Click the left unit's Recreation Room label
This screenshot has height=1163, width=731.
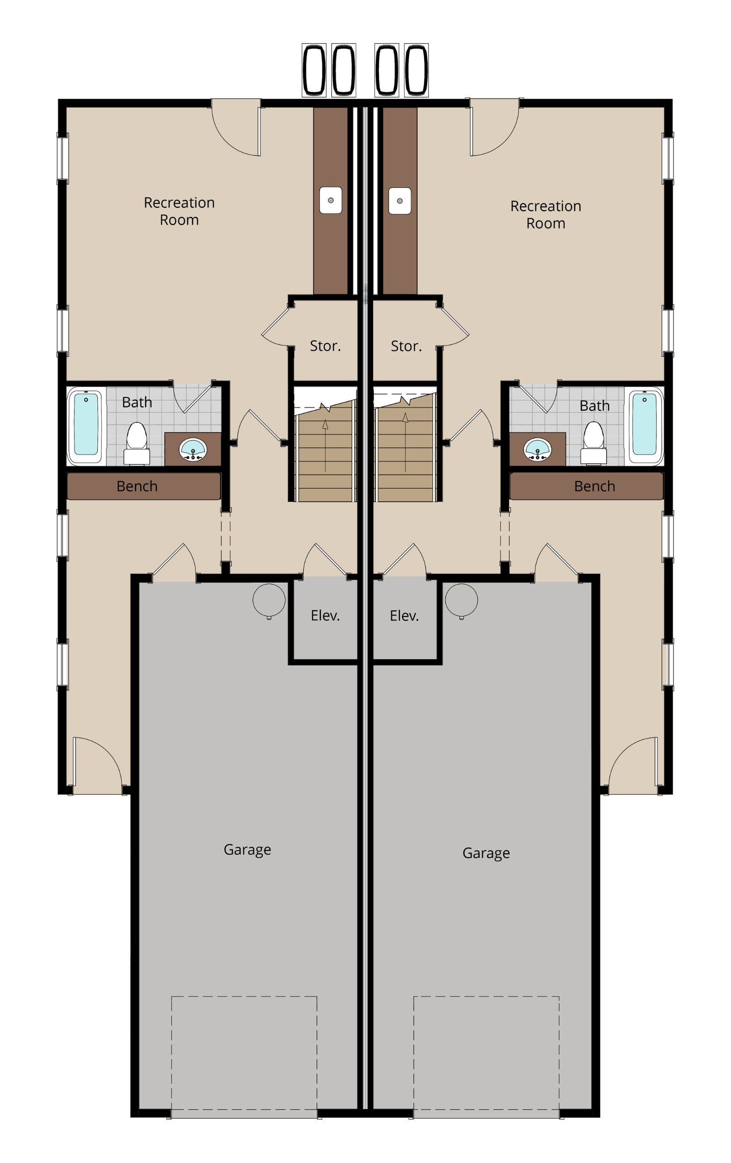coord(179,211)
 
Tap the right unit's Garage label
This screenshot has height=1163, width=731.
coord(486,853)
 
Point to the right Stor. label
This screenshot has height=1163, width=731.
coord(406,346)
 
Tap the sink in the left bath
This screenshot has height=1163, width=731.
coord(193,450)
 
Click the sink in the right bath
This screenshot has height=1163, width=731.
coord(537,449)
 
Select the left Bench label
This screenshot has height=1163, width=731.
coord(137,486)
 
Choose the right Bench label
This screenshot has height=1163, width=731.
coord(594,486)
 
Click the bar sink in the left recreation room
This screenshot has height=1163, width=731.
coord(331,200)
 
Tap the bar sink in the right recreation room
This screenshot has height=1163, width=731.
coord(400,201)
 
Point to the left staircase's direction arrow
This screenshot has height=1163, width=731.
coord(325,445)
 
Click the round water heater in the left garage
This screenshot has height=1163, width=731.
coord(269,600)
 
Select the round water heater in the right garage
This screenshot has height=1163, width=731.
coord(461,600)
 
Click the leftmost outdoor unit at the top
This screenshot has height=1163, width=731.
coord(314,70)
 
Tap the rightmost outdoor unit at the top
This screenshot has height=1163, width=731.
coord(416,70)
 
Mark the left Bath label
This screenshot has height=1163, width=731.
coord(137,402)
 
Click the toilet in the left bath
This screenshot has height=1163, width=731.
coord(137,443)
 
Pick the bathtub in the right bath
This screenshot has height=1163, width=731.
coord(645,425)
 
